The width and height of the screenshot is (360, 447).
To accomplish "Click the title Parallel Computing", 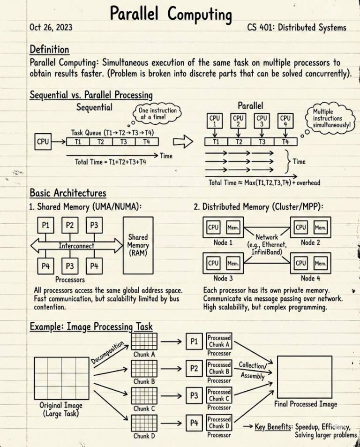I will [x=171, y=14].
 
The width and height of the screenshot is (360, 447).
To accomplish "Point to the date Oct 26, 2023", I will [x=50, y=27].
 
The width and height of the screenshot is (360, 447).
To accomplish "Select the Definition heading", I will [x=49, y=49].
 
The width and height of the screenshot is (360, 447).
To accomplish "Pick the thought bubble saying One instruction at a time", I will [x=157, y=113].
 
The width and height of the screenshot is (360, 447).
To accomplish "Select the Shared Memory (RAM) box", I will [x=138, y=245].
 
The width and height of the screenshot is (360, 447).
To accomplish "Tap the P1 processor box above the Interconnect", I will [x=46, y=226].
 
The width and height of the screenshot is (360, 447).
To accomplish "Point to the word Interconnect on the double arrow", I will [x=76, y=245].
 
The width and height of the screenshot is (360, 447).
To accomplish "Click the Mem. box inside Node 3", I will [x=233, y=264].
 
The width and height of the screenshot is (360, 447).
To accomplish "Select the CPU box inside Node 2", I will [x=301, y=227].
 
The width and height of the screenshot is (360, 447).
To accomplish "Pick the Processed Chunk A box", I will [x=219, y=341].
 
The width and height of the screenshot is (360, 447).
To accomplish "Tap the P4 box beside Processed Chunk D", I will [x=194, y=424].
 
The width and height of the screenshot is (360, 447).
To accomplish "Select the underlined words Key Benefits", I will [x=273, y=427].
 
